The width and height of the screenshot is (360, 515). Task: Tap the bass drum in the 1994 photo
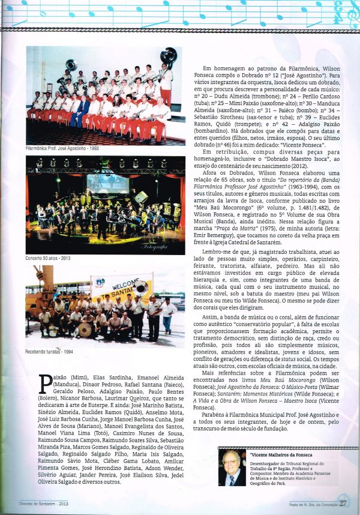click(x=85, y=329)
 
